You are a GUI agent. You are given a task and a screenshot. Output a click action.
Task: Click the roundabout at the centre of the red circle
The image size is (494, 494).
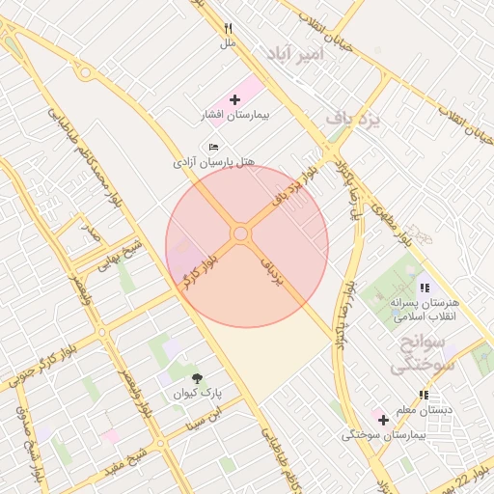[x=240, y=234]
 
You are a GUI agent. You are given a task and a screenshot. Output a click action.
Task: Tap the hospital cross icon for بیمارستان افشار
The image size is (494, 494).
[x=234, y=99]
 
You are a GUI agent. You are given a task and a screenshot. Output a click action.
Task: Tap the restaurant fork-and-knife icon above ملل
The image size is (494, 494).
[x=228, y=28]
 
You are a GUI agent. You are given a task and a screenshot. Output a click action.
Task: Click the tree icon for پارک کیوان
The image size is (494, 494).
[x=198, y=378]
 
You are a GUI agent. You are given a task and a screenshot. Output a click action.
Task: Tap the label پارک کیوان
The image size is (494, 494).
[x=198, y=394]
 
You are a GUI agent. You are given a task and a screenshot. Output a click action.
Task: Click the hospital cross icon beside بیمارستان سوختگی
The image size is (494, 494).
[x=383, y=420]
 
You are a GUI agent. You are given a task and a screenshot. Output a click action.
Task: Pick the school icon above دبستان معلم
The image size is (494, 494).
[x=424, y=395]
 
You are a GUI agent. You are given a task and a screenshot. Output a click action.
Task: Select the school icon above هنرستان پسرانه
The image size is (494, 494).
[x=424, y=288]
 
